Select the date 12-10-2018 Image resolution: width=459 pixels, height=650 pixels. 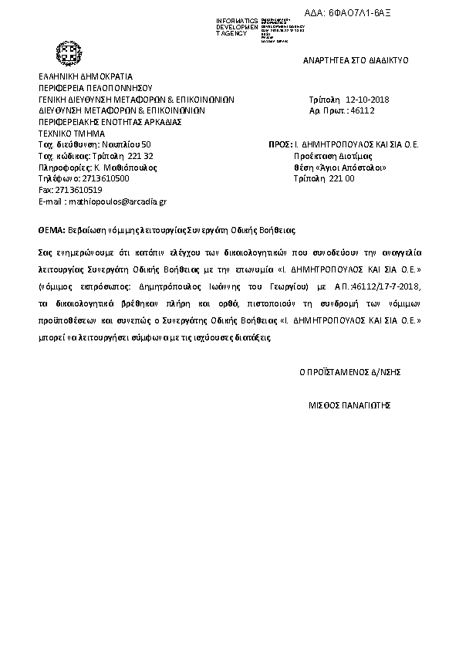369,100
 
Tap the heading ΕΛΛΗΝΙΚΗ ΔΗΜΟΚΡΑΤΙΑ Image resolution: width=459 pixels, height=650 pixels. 86,77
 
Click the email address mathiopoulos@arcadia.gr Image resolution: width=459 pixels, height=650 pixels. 117,201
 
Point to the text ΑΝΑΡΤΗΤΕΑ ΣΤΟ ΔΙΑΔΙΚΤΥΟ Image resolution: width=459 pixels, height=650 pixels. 355,59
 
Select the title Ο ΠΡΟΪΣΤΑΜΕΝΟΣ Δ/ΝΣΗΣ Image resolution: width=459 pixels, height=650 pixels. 349,371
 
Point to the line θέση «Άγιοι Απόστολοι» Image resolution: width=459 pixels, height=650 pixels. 340,167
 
